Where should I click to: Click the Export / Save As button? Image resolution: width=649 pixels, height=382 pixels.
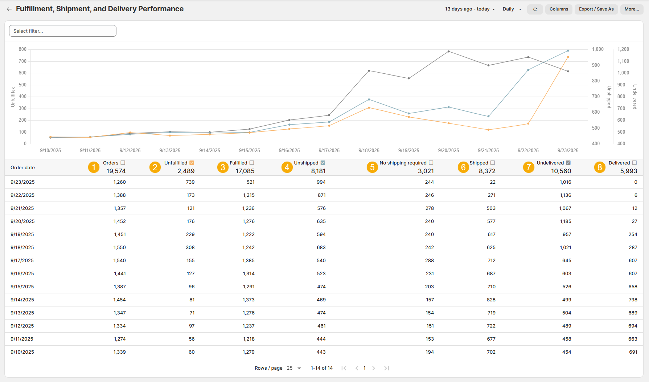click(x=596, y=9)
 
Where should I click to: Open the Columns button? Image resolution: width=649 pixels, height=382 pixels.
click(x=559, y=9)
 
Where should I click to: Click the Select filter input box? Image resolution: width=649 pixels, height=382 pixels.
click(x=63, y=31)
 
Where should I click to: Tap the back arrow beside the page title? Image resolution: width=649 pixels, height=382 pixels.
click(x=9, y=9)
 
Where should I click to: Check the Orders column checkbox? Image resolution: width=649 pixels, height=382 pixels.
click(x=123, y=163)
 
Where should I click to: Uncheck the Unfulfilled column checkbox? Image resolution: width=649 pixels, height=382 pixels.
click(x=192, y=163)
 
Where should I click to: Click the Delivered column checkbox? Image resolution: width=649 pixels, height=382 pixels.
click(x=634, y=163)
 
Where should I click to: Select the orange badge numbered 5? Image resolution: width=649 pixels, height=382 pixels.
click(x=372, y=167)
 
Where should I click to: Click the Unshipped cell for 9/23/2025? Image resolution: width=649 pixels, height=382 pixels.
click(x=321, y=182)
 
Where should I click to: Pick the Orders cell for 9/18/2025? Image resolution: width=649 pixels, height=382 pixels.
click(x=120, y=247)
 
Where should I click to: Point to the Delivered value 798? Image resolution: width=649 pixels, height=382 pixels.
click(x=633, y=300)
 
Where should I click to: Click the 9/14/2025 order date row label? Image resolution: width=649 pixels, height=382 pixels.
click(x=22, y=300)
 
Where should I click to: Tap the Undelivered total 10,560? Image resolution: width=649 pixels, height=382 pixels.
click(x=561, y=171)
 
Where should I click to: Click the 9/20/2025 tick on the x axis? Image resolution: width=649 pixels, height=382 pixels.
click(x=448, y=150)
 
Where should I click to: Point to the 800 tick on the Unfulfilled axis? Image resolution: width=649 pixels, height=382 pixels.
click(x=22, y=49)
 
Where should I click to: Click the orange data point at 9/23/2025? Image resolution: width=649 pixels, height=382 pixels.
click(x=568, y=57)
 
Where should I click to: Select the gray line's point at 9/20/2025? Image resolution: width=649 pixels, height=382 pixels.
click(x=448, y=52)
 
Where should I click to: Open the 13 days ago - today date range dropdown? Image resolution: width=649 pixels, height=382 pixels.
click(x=470, y=9)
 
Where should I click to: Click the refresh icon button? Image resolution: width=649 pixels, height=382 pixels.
click(x=535, y=9)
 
